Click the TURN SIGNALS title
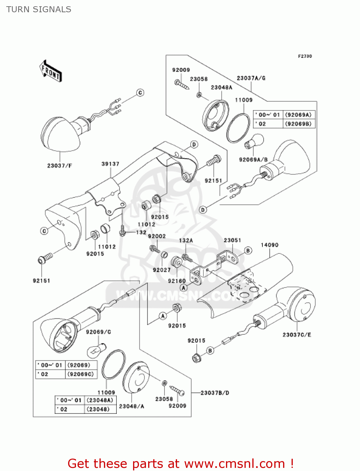coord(39,9)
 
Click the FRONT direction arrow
coord(51,71)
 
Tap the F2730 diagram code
coord(305,56)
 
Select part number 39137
coord(110,164)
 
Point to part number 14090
coord(269,245)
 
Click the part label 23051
coord(232,240)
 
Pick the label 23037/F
coord(60,165)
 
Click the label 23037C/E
coord(297,335)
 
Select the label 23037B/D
coord(215,393)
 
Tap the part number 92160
coord(177,281)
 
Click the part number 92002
coord(157,236)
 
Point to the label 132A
coord(186,240)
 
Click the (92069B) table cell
coord(299,124)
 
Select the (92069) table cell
coord(79,365)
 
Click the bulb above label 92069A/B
coord(254,142)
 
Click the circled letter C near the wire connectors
coord(140,93)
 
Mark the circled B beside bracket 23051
coord(248,250)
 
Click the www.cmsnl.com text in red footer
coord(234,464)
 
